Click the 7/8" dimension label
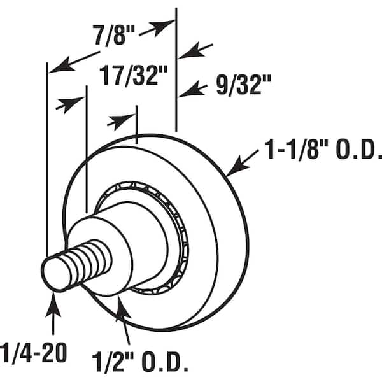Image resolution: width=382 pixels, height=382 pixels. tap(114, 36)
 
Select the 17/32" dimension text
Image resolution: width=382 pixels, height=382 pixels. tap(134, 76)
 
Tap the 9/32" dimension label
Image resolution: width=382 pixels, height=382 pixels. tap(243, 85)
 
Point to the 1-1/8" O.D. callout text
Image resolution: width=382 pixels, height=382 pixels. tap(323, 148)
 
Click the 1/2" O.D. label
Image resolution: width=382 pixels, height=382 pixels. tap(139, 361)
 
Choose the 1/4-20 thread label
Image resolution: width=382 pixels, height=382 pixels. tap(33, 353)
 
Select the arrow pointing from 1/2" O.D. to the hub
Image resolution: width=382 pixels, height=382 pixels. tap(124, 320)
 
